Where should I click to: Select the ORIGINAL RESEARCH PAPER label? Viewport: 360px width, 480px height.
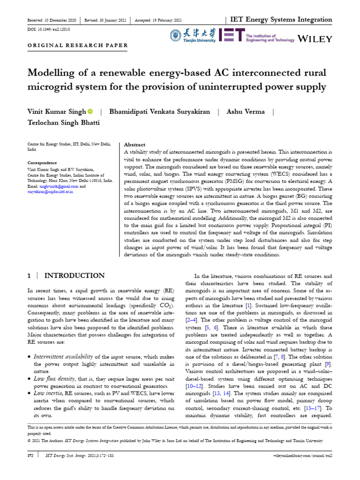[x=77, y=45]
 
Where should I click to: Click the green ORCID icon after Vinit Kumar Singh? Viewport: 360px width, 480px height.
[x=90, y=112]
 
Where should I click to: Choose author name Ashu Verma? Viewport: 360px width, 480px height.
[x=246, y=112]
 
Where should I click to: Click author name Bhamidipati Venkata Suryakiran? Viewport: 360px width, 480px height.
[x=160, y=112]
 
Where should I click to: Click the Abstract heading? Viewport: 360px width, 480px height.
[x=134, y=145]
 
